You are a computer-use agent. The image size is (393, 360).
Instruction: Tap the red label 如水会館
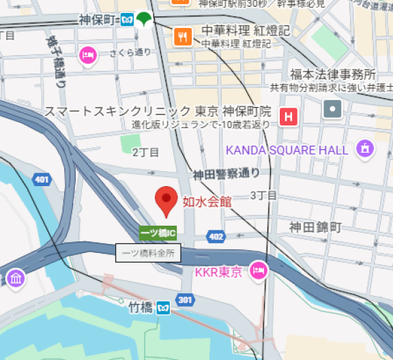pyautogui.click(x=207, y=201)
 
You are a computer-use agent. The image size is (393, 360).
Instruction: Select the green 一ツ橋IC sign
pyautogui.click(x=158, y=233)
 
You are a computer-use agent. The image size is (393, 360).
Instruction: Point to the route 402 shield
pyautogui.click(x=216, y=237)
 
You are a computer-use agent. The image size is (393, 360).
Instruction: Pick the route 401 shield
pyautogui.click(x=42, y=180)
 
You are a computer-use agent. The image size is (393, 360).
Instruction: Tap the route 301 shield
pyautogui.click(x=185, y=299)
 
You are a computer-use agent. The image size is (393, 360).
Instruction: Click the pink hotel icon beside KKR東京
pyautogui.click(x=258, y=271)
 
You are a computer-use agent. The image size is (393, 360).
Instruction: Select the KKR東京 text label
pyautogui.click(x=218, y=272)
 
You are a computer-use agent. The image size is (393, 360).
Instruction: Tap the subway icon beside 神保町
pyautogui.click(x=127, y=19)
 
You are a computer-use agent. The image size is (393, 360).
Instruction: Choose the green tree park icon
pyautogui.click(x=145, y=19)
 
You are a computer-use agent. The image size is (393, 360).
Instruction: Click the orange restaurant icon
pyautogui.click(x=182, y=35)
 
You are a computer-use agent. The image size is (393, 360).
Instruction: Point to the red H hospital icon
pyautogui.click(x=288, y=117)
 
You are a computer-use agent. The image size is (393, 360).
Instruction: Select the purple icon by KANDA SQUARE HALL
pyautogui.click(x=366, y=148)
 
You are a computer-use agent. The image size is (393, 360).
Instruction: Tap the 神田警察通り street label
pyautogui.click(x=226, y=175)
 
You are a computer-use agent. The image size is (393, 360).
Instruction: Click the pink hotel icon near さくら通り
pyautogui.click(x=87, y=55)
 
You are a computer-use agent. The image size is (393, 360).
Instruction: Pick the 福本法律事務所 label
pyautogui.click(x=333, y=74)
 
